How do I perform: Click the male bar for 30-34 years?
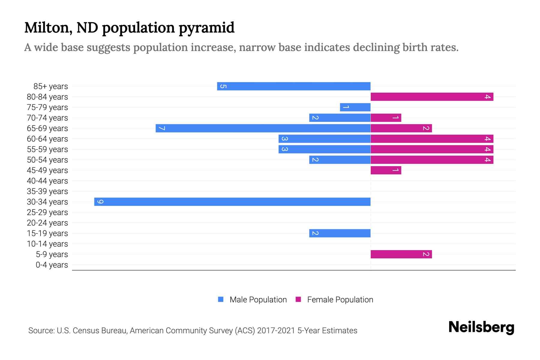(232, 202)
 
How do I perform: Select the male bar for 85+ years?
(294, 86)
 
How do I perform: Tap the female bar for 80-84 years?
(432, 97)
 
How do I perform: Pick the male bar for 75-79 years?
(355, 107)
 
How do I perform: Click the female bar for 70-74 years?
(386, 118)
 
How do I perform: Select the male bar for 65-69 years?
(263, 128)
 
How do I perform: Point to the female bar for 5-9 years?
(401, 254)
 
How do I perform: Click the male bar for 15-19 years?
(340, 233)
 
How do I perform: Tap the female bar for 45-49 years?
(386, 170)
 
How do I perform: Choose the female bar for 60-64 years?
(432, 139)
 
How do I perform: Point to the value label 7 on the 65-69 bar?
(162, 128)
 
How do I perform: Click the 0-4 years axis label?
(52, 265)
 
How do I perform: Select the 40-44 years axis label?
(47, 181)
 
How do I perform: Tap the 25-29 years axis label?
(47, 212)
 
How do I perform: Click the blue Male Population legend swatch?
(221, 299)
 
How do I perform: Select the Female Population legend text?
(340, 299)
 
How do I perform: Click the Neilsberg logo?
(481, 327)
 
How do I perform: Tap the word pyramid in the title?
(206, 28)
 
